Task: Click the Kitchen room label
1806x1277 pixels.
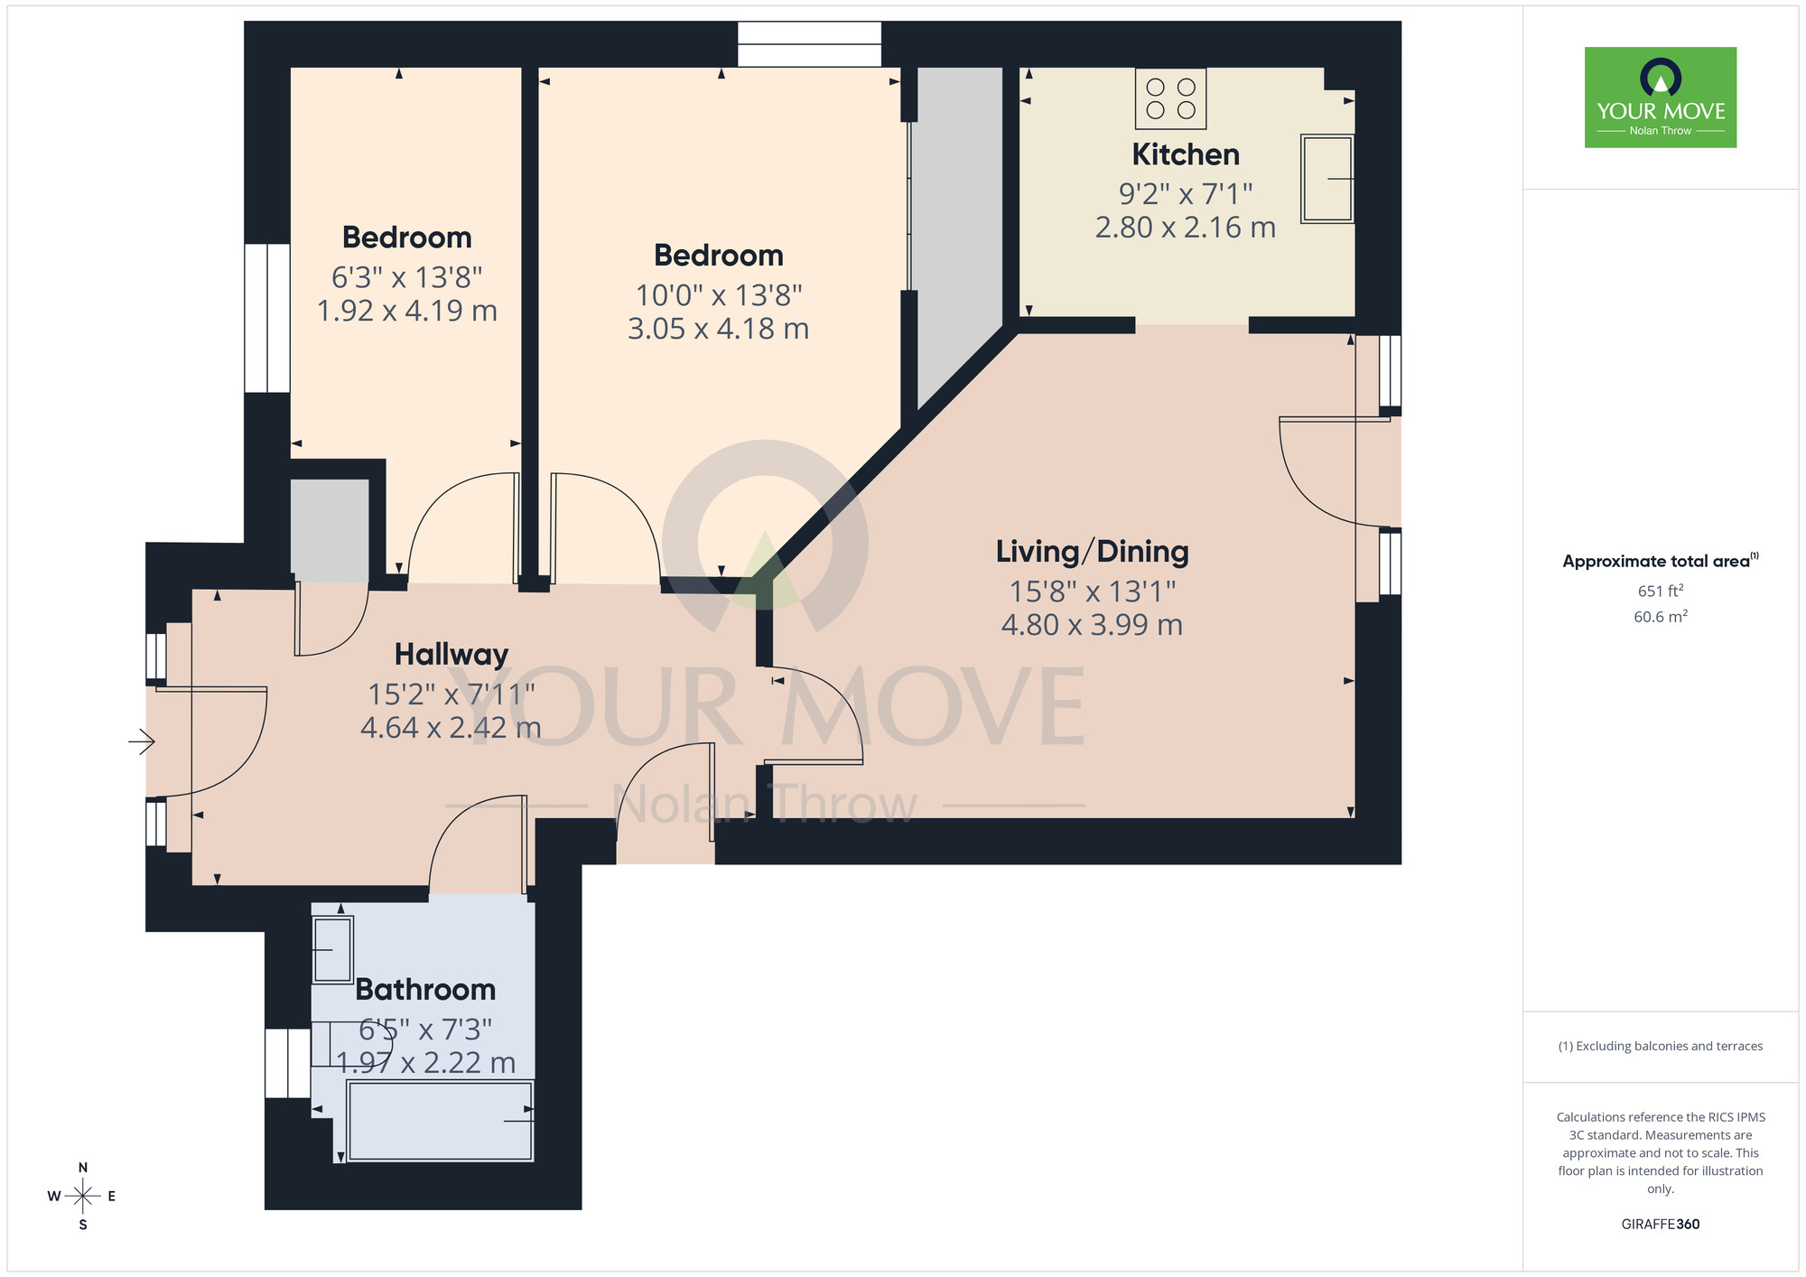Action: tap(1185, 154)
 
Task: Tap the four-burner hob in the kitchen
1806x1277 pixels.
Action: tap(1170, 99)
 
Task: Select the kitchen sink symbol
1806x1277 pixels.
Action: tap(1327, 179)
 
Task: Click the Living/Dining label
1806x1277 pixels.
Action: tap(1092, 551)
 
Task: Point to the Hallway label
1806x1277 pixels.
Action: tap(451, 654)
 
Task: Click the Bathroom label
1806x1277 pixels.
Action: tap(425, 989)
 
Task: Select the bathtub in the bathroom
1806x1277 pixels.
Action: tap(440, 1121)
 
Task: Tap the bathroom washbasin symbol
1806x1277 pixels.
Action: tap(332, 949)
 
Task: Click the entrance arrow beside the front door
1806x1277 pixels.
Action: tap(142, 742)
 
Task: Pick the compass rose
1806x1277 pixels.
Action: tap(83, 1197)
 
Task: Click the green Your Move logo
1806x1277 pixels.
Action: tap(1660, 98)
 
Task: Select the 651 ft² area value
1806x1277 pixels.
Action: tap(1660, 591)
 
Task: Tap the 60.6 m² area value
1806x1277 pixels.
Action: tap(1660, 617)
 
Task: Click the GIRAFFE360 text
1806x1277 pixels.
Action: tap(1660, 1225)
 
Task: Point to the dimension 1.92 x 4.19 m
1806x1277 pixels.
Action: tap(407, 311)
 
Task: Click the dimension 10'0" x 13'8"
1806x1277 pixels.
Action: tap(719, 295)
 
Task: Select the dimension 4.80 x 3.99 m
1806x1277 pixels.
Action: tap(1092, 625)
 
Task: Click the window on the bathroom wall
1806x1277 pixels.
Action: tap(287, 1063)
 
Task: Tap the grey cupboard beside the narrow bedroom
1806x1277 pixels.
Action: tap(330, 530)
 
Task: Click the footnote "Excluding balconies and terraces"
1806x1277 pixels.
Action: tap(1660, 1047)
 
